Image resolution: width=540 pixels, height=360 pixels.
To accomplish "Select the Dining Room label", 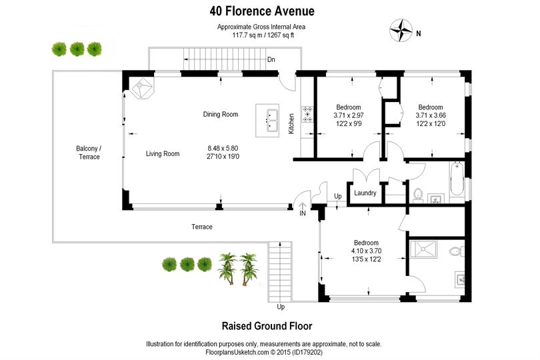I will pyautogui.click(x=221, y=115).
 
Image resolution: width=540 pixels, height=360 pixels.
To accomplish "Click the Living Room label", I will pyautogui.click(x=163, y=154).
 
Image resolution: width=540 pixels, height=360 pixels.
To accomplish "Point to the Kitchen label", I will pyautogui.click(x=291, y=123).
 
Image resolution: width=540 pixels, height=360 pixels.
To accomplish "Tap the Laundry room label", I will pyautogui.click(x=365, y=193).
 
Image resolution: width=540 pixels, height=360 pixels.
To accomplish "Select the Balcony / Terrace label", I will pyautogui.click(x=88, y=152).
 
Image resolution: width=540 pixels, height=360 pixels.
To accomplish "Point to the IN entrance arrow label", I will pyautogui.click(x=302, y=213).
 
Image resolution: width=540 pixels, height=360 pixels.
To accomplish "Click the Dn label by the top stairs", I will pyautogui.click(x=271, y=59).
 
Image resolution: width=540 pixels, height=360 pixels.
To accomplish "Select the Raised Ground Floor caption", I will pyautogui.click(x=267, y=326).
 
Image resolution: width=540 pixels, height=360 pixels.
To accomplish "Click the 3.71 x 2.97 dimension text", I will pyautogui.click(x=349, y=115).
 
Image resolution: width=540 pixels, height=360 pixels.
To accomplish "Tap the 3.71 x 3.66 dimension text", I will pyautogui.click(x=431, y=115).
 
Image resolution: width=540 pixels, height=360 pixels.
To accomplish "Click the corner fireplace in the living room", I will pyautogui.click(x=143, y=88).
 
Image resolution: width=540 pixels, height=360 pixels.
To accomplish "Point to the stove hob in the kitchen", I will pyautogui.click(x=307, y=115).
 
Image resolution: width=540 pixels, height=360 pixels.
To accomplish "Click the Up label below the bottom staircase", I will pyautogui.click(x=281, y=307).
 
